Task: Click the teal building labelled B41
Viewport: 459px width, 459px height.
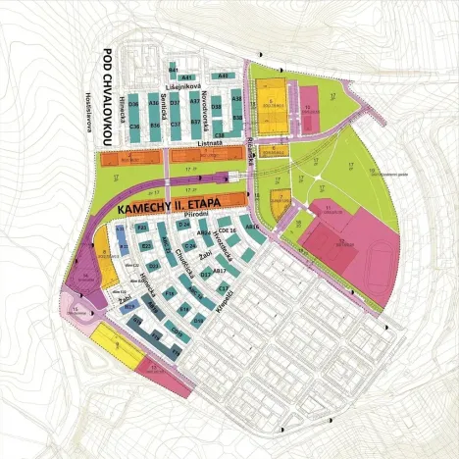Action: (173, 70)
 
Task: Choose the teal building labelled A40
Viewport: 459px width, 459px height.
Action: (224, 75)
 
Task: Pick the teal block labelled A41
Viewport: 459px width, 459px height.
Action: (188, 76)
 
